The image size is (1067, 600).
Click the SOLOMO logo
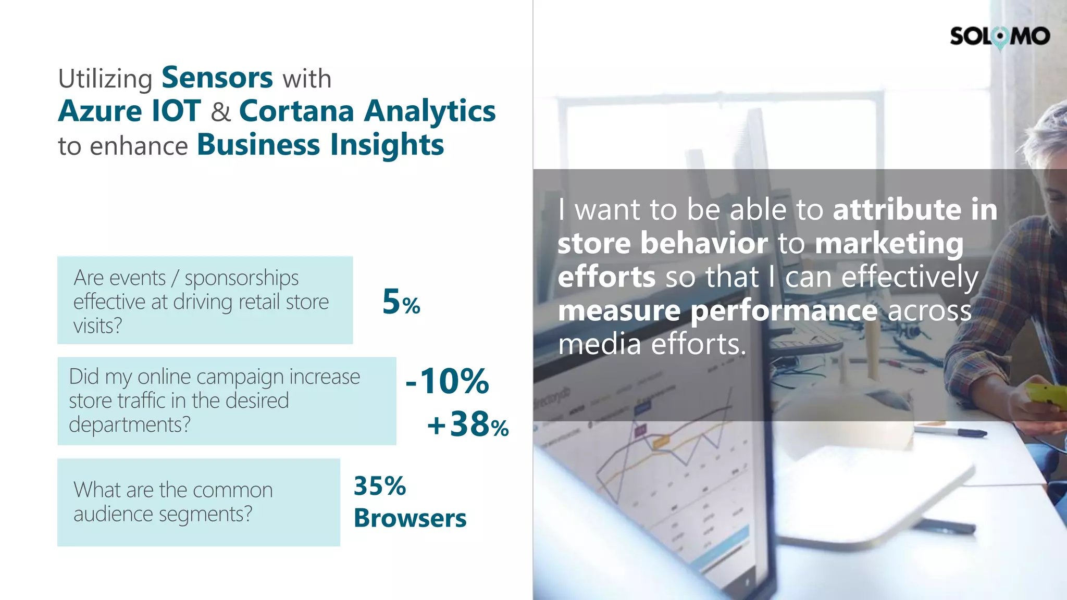tap(999, 36)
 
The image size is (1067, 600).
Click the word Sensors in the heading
tap(217, 78)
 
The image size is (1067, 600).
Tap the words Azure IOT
tap(129, 111)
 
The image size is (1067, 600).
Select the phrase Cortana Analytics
tap(367, 111)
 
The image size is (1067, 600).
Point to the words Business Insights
tap(320, 145)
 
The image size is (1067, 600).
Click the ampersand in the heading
tap(220, 113)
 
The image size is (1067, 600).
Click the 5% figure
tap(401, 302)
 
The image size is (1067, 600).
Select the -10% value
tap(447, 381)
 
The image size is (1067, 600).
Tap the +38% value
tap(467, 424)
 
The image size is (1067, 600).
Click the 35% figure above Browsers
tap(379, 486)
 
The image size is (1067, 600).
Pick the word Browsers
tap(410, 518)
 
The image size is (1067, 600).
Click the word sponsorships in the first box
tap(242, 278)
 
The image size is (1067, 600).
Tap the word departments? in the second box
tap(129, 425)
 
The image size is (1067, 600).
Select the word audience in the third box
tap(114, 515)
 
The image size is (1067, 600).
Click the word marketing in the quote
tap(889, 244)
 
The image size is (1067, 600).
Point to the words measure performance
tap(717, 311)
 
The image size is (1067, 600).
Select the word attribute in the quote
tap(897, 210)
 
